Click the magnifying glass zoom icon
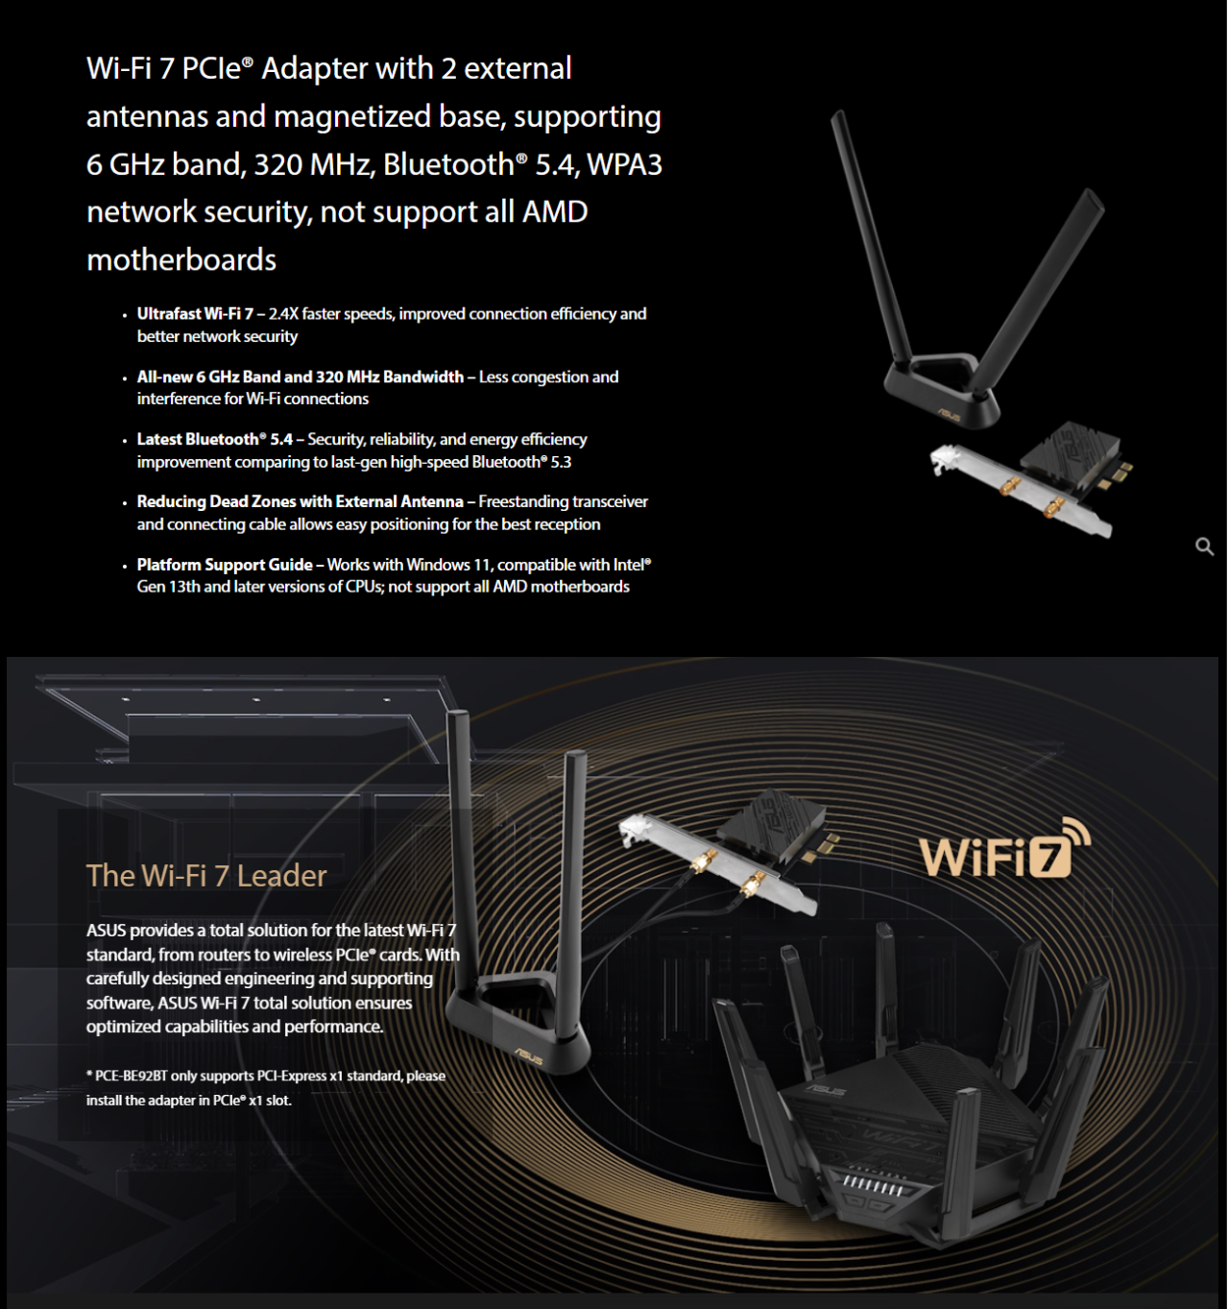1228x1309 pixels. click(1204, 546)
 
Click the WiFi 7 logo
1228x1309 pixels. click(1004, 850)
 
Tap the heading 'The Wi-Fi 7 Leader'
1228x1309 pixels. click(206, 876)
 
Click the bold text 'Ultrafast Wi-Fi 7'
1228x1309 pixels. click(195, 314)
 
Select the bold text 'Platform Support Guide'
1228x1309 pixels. click(225, 565)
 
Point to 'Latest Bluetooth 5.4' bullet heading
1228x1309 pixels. click(214, 439)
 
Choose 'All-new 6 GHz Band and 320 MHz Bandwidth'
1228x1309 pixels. click(300, 376)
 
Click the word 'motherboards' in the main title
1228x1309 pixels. click(181, 260)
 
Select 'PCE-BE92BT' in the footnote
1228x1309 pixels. click(132, 1076)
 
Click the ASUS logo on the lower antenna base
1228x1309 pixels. click(528, 1056)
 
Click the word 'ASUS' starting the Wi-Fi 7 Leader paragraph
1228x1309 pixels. click(106, 930)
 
